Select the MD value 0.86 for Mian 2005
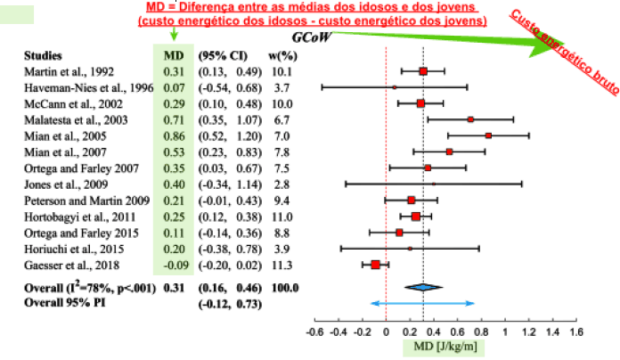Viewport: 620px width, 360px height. point(174,135)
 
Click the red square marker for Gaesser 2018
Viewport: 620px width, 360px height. point(375,265)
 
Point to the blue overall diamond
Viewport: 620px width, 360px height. point(423,287)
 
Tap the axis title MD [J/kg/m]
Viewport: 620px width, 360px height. point(446,346)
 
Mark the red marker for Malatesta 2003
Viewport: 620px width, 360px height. point(470,119)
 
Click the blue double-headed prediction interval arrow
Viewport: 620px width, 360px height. point(423,304)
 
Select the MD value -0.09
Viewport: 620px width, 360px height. point(174,264)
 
